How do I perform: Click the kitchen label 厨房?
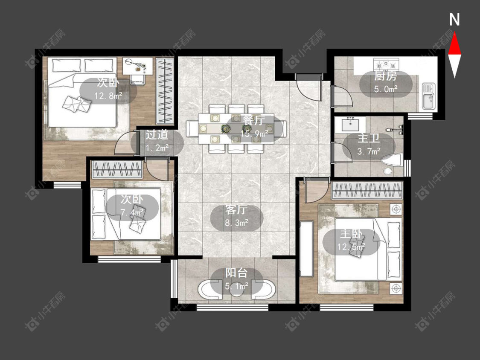coord(385,76)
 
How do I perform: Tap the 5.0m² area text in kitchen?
coord(385,89)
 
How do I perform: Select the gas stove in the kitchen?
coord(386,64)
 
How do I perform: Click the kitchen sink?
coord(428,96)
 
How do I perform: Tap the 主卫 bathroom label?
coord(369,138)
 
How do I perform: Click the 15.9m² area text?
coord(254,134)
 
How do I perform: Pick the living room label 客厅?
coord(236,210)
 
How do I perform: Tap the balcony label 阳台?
coord(236,273)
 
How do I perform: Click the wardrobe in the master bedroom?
coord(367,190)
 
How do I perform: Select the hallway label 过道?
coord(157,134)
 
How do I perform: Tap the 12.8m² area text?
coord(108,96)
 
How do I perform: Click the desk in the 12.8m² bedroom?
coord(137,66)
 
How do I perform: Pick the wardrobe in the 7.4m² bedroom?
coord(117,169)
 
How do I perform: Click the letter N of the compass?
coord(454,20)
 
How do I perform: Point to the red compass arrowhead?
coord(454,44)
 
